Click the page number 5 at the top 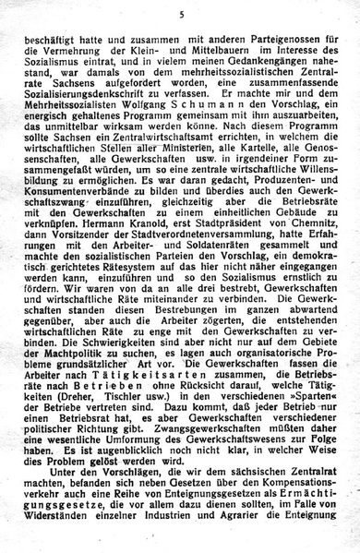tap(182, 14)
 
